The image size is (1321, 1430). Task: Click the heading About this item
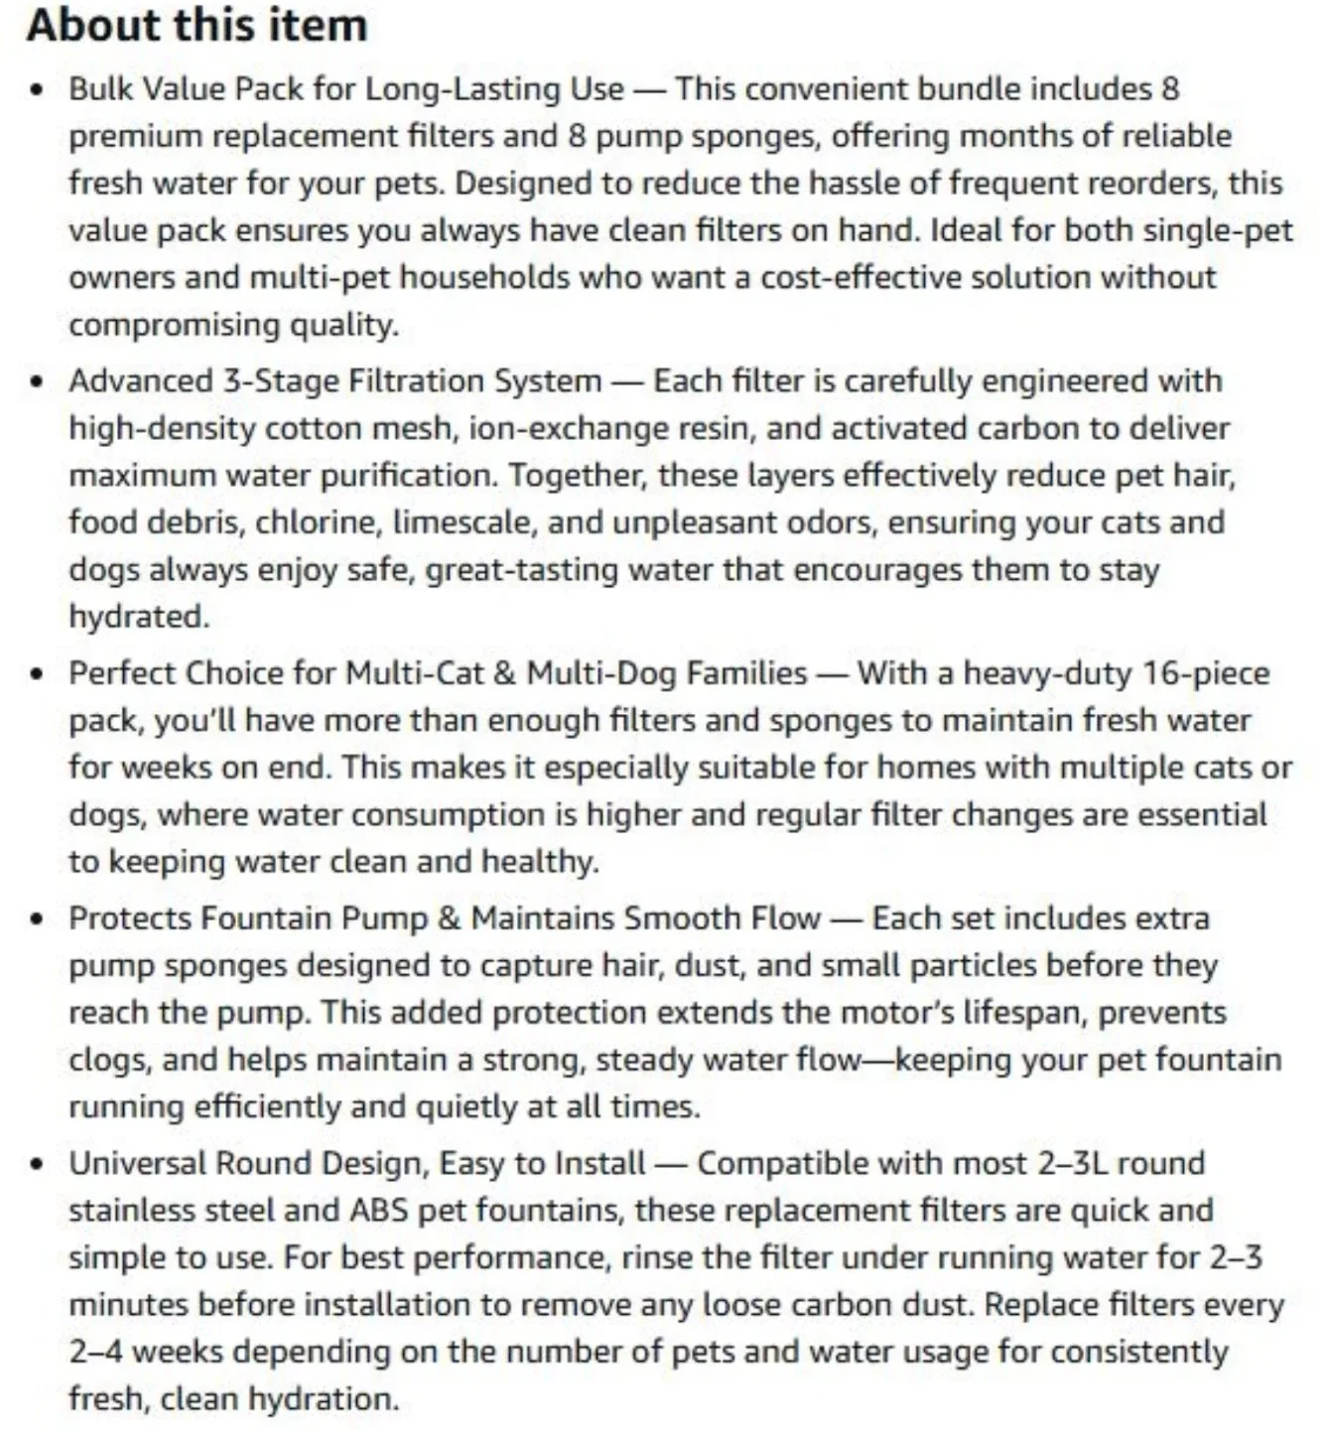click(197, 25)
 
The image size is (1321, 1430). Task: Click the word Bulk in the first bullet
click(101, 89)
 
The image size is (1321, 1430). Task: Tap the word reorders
click(1150, 184)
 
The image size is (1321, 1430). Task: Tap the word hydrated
click(138, 617)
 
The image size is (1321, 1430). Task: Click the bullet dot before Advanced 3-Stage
click(38, 382)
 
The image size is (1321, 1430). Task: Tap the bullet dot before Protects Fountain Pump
click(38, 920)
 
